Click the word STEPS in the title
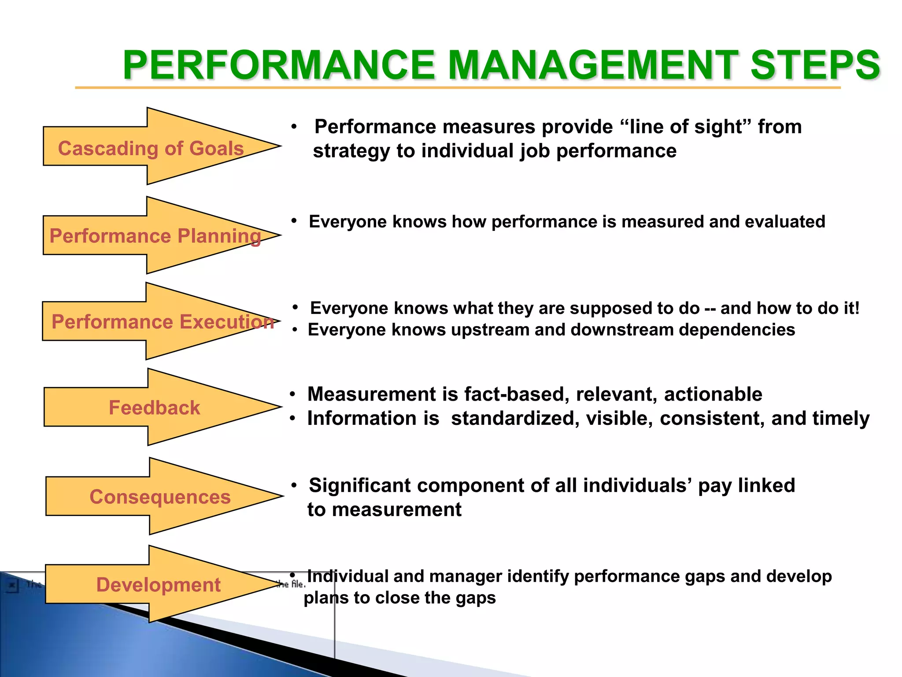coord(815,65)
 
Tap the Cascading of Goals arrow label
coord(151,149)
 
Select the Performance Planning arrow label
coord(155,236)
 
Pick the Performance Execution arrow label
coord(163,322)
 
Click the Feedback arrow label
coord(154,408)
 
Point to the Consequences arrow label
coord(160,497)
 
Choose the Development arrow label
coord(158,585)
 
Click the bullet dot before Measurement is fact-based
coord(292,394)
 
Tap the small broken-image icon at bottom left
coord(12,586)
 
